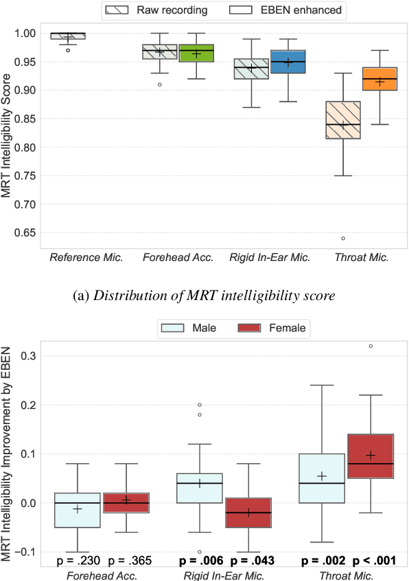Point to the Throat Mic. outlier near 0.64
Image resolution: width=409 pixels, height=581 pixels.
tap(342, 238)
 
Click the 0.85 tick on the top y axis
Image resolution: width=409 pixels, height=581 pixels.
tap(28, 119)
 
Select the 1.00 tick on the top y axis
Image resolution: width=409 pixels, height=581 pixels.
tap(28, 33)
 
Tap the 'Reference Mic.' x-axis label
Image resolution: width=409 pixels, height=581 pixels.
tap(86, 258)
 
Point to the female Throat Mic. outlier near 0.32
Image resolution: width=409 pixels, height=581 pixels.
tap(371, 346)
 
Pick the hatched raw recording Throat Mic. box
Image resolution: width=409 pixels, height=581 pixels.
tap(342, 120)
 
